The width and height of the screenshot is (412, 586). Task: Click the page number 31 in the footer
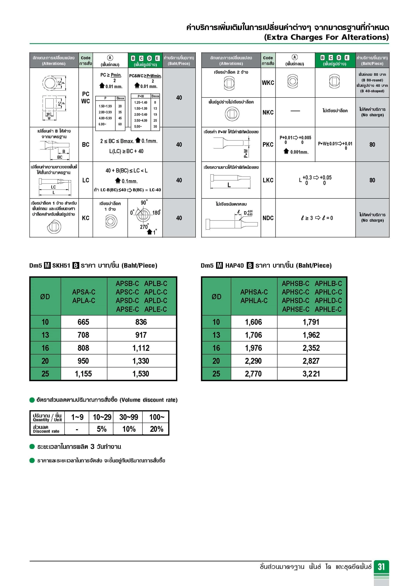381,567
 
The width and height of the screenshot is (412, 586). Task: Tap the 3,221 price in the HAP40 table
311,374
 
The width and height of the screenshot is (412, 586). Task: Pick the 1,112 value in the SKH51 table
141,348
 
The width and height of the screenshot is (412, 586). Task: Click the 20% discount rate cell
156,429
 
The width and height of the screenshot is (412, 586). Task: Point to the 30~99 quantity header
129,417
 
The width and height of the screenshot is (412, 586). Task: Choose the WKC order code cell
268,83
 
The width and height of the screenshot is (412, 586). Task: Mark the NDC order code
268,218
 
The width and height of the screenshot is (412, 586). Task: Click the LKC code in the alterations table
268,180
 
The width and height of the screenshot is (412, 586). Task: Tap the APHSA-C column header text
254,292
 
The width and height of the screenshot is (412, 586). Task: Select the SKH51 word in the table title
61,265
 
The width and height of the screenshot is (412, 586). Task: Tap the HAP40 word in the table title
234,265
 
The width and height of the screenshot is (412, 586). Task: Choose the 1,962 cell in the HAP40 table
311,335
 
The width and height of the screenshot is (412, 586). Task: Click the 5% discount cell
102,429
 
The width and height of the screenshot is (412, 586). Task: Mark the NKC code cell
268,112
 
